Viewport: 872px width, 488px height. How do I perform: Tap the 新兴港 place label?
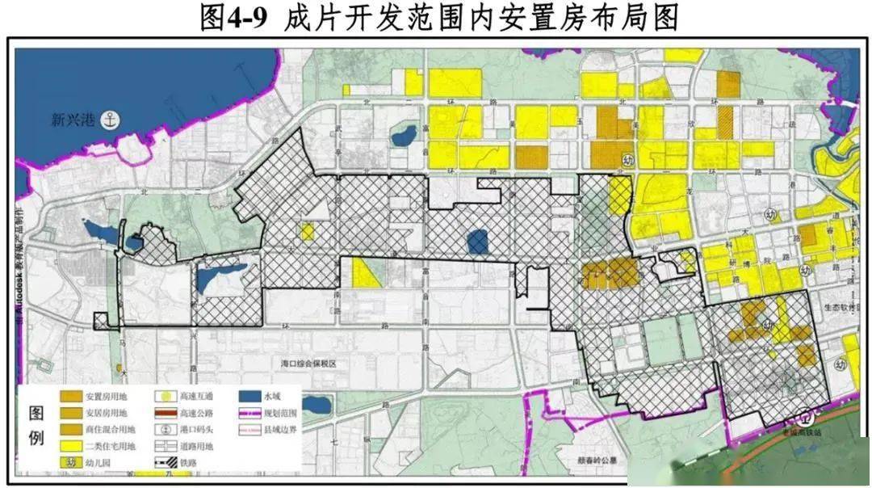pyautogui.click(x=73, y=121)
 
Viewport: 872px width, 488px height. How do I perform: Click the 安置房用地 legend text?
pyautogui.click(x=106, y=397)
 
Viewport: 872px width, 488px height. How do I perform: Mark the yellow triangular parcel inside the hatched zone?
pyautogui.click(x=365, y=273)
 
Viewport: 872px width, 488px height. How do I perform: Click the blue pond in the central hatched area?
pyautogui.click(x=477, y=240)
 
